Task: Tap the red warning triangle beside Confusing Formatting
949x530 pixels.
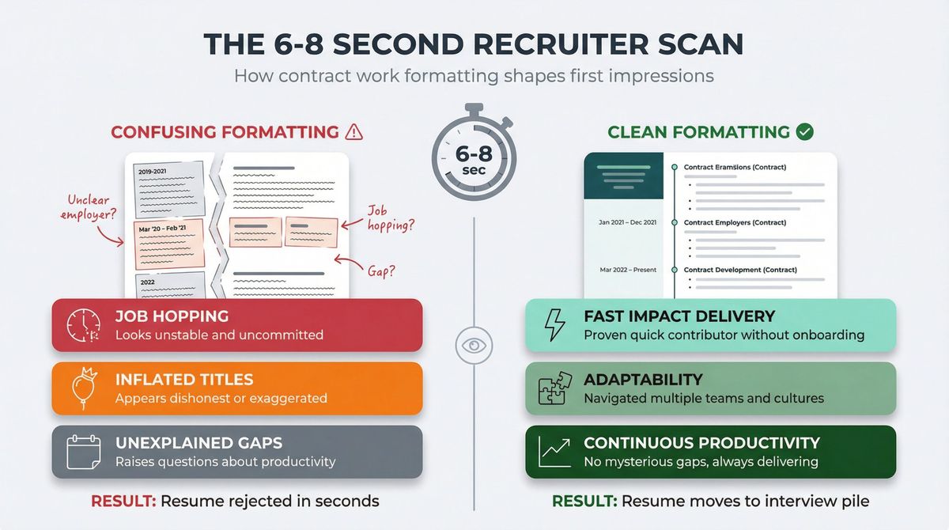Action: click(355, 132)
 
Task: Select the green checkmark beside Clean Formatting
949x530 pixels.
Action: click(804, 132)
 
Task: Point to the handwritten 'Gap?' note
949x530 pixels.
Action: click(381, 271)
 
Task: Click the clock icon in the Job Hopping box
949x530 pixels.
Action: click(82, 325)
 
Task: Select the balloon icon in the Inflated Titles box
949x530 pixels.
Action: click(82, 388)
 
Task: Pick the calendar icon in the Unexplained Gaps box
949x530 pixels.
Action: click(82, 452)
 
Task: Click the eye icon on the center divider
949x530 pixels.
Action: click(474, 346)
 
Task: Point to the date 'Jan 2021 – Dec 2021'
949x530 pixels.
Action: click(627, 222)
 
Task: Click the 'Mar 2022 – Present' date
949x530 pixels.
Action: click(628, 270)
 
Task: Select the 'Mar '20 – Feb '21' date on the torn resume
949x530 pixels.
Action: click(162, 229)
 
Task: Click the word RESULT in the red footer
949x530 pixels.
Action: click(121, 502)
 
